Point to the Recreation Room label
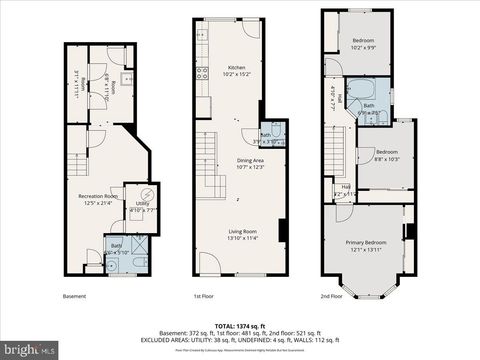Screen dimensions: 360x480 click(100, 197)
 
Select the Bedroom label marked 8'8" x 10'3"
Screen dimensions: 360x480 click(387, 155)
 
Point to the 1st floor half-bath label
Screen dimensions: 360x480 click(266, 137)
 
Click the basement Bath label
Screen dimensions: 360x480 click(116, 246)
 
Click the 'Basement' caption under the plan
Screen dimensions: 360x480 click(75, 296)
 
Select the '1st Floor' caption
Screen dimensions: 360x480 click(204, 296)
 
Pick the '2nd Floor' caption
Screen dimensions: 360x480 click(332, 296)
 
